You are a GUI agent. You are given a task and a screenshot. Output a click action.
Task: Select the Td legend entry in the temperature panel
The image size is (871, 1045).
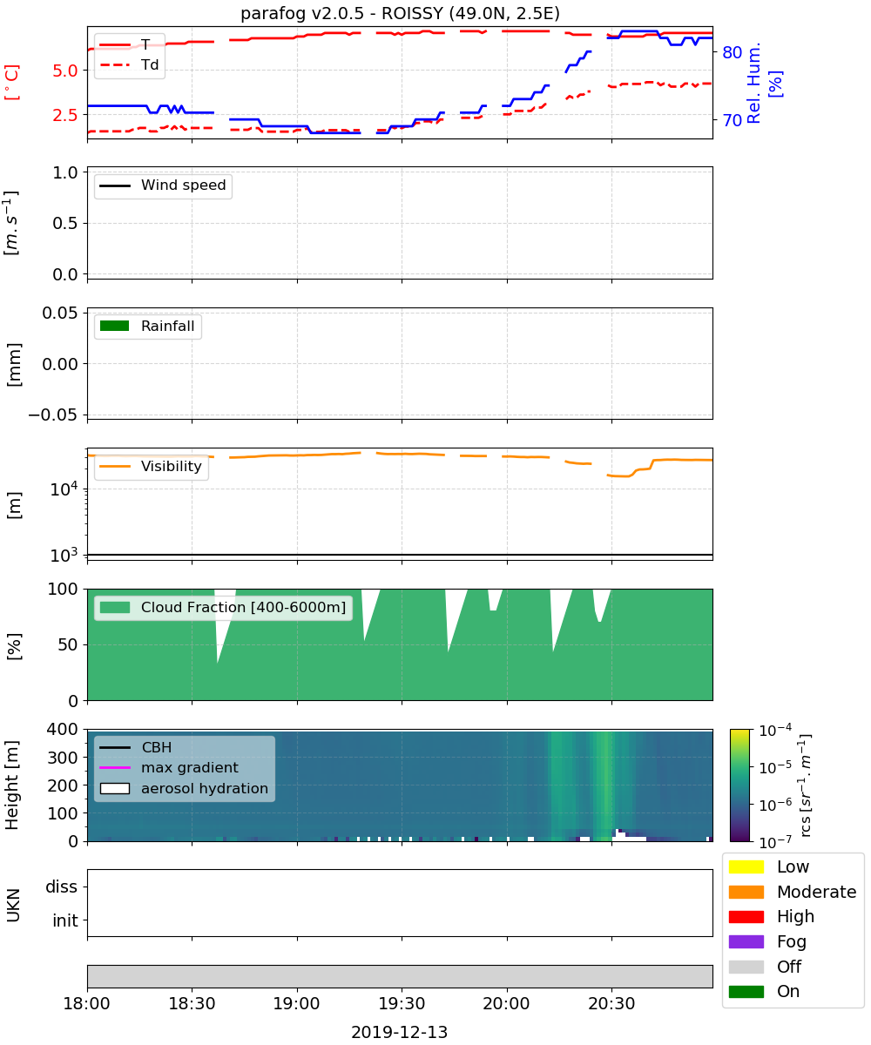[x=129, y=64]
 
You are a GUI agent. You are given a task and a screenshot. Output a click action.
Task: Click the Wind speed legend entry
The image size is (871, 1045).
[x=163, y=185]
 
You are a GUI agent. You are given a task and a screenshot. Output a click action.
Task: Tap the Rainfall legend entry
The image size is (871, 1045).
[x=147, y=326]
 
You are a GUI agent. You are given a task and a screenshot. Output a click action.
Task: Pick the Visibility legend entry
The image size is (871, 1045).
[x=150, y=466]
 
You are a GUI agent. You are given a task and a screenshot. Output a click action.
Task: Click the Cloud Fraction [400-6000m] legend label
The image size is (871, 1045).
[x=243, y=607]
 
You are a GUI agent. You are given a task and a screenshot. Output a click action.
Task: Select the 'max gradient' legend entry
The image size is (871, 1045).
[x=169, y=767]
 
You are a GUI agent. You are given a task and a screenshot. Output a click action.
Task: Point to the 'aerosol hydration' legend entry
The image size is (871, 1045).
[x=184, y=788]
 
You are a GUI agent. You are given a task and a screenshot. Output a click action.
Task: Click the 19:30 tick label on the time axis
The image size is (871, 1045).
[x=402, y=1003]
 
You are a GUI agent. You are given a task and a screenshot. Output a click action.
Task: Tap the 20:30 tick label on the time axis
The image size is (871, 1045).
[x=611, y=1003]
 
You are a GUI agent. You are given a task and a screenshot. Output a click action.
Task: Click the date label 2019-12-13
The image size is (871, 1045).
[x=400, y=1032]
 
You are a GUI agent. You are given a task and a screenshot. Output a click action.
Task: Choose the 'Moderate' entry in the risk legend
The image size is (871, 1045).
[x=793, y=892]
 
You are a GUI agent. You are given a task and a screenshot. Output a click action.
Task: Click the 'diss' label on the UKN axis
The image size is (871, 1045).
[x=61, y=887]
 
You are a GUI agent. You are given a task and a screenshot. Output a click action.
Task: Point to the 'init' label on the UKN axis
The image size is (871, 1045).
[x=65, y=920]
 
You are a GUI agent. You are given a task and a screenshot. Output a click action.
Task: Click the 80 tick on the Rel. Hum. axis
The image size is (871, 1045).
[x=732, y=52]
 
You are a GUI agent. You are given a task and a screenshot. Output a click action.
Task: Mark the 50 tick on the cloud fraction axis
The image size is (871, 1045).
[x=68, y=644]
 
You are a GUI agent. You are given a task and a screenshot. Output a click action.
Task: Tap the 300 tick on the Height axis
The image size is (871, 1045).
[x=63, y=758]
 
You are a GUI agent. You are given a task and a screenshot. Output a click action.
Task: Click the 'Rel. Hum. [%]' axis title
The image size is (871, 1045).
[x=763, y=83]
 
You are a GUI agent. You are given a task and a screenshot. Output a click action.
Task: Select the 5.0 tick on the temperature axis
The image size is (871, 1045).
[x=65, y=71]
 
